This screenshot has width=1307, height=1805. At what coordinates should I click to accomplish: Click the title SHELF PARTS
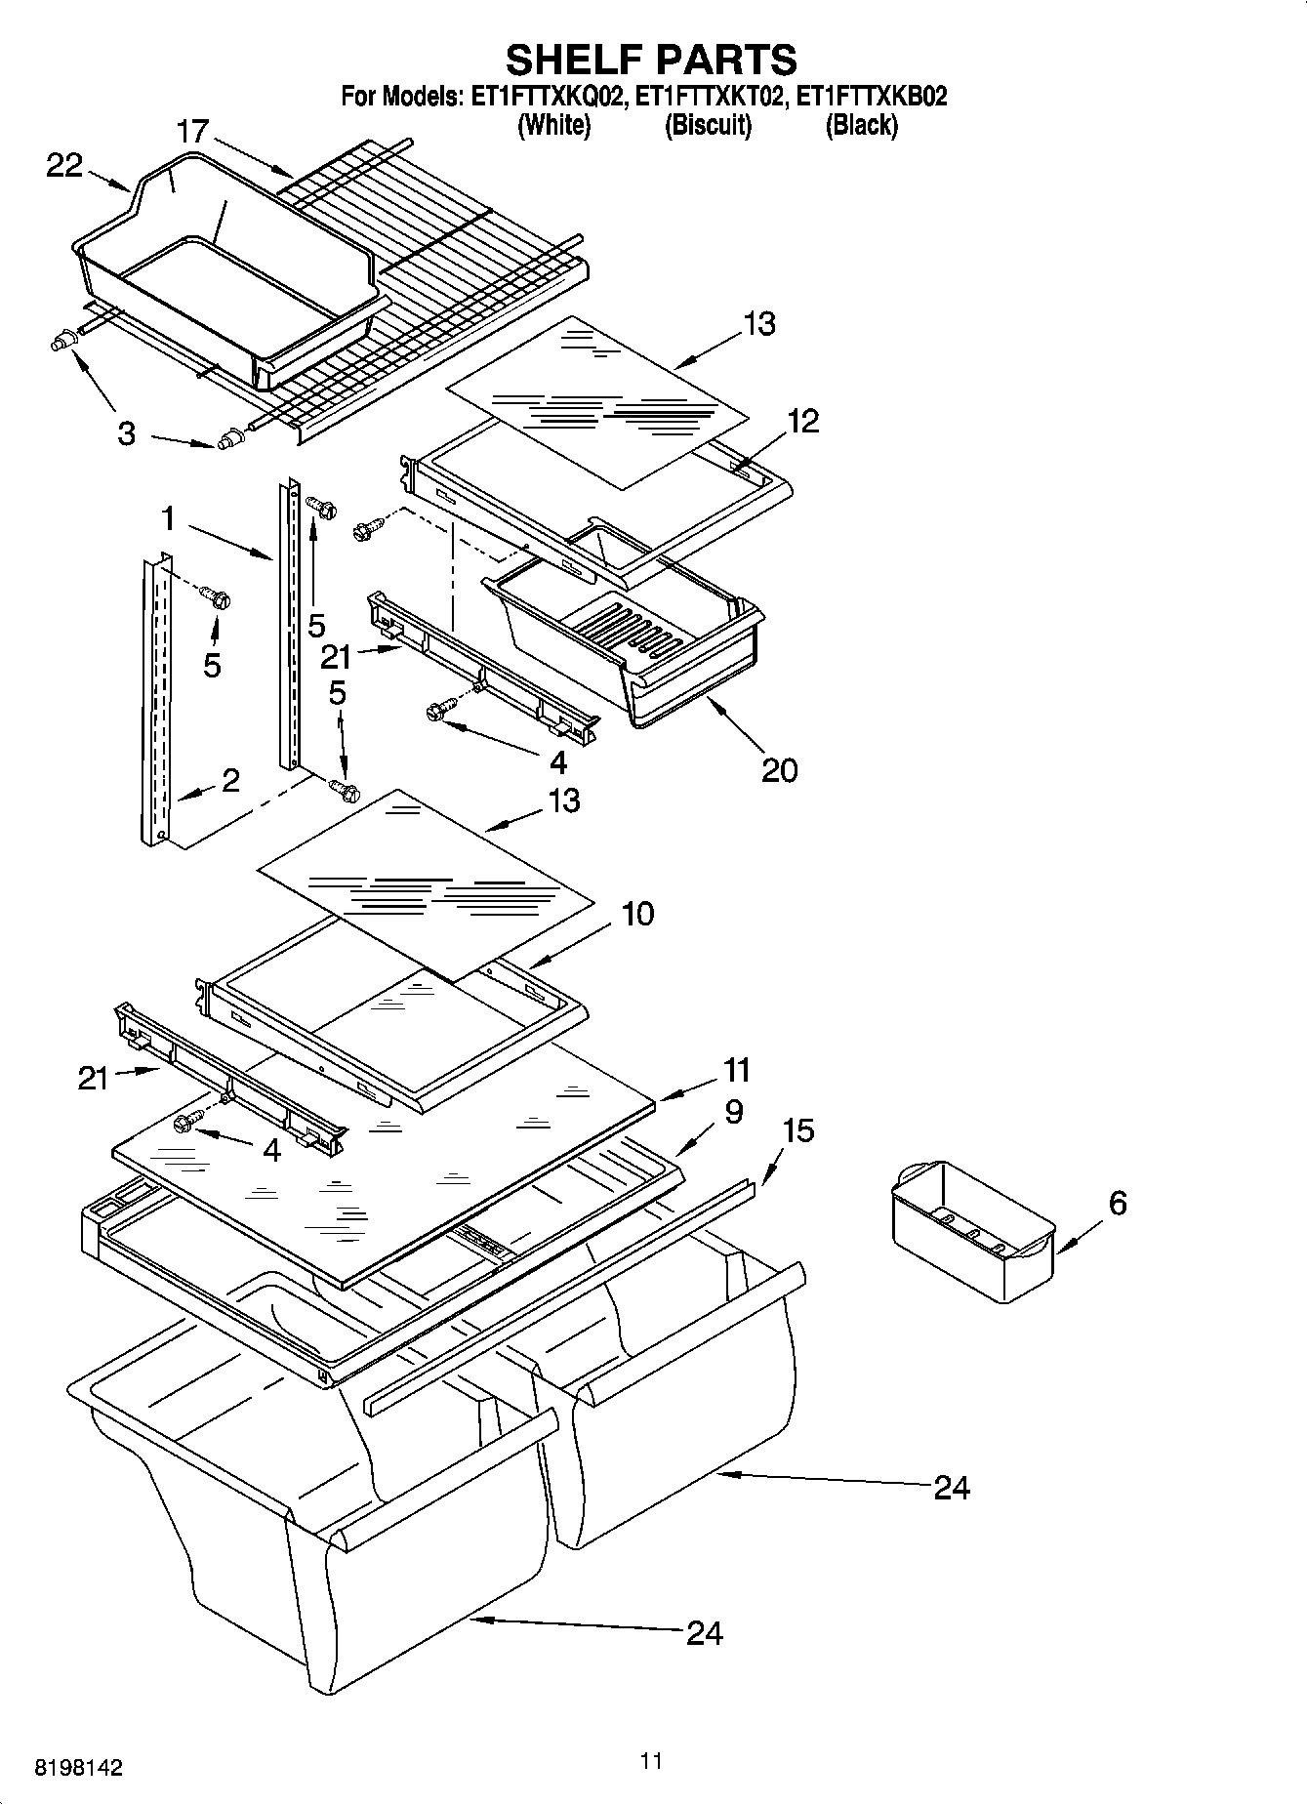tap(651, 60)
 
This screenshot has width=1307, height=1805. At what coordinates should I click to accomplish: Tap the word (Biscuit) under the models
tap(708, 125)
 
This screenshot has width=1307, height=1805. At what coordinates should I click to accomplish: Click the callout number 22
tap(64, 166)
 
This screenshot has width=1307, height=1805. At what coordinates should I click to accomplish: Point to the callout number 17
tap(193, 131)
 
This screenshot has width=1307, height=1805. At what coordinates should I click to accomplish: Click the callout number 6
tap(1118, 1203)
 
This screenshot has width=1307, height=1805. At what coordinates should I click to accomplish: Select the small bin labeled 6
tap(972, 1231)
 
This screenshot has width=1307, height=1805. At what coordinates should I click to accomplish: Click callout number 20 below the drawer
tap(779, 770)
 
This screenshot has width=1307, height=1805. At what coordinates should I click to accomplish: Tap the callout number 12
tap(802, 421)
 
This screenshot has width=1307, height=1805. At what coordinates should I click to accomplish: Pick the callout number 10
tap(636, 915)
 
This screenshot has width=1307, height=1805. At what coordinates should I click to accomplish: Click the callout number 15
tap(797, 1130)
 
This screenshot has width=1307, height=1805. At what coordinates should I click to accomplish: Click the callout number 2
tap(230, 780)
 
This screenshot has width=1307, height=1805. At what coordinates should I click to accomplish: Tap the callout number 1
tap(168, 518)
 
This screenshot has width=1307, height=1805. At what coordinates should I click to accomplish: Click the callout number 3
tap(126, 433)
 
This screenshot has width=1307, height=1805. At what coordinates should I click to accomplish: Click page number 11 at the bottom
tap(651, 1760)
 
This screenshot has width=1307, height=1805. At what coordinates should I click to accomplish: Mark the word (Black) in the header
tap(861, 125)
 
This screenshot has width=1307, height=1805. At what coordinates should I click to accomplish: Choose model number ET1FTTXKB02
tap(872, 97)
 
